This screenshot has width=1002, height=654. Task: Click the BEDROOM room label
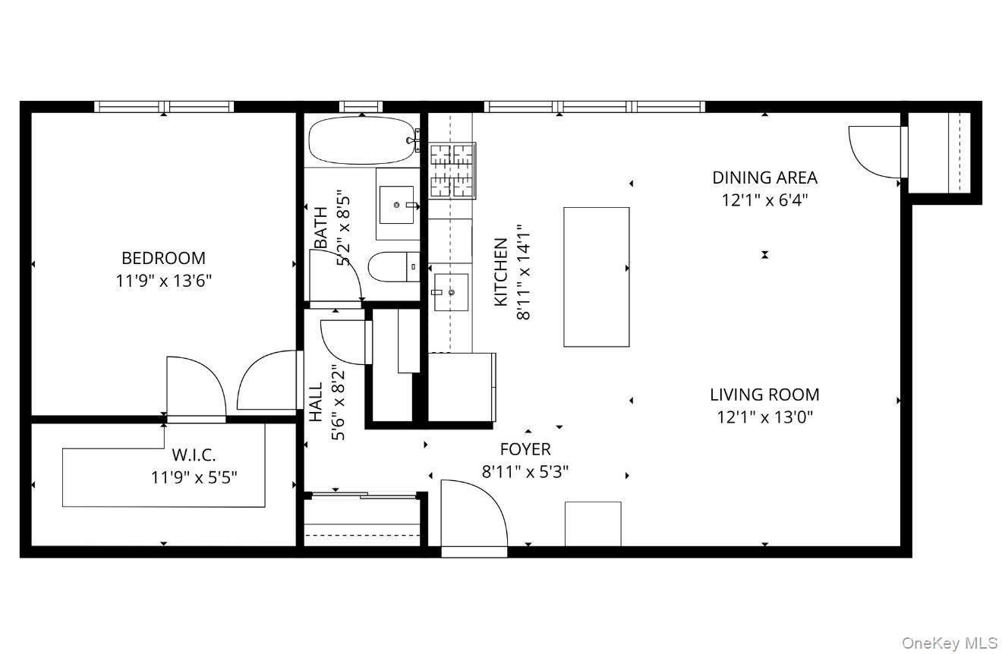tap(163, 258)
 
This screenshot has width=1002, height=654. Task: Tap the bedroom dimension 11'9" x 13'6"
tap(163, 281)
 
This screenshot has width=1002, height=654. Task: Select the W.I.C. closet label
tap(194, 455)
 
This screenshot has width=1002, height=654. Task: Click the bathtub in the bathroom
tap(361, 140)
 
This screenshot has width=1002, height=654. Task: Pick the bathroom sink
tap(397, 204)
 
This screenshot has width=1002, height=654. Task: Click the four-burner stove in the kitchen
tap(453, 170)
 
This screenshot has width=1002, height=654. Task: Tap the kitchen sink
tap(449, 292)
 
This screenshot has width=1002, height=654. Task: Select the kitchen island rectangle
tap(596, 277)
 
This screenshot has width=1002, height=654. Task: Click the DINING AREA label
tap(764, 178)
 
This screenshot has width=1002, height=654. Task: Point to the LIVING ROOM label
tap(764, 395)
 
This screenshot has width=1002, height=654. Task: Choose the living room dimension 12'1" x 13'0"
tap(764, 417)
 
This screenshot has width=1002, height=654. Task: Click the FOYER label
tap(525, 449)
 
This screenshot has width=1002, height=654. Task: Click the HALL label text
tap(316, 402)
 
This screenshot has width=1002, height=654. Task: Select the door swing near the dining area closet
tap(875, 152)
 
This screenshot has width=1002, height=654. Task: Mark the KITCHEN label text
tap(501, 272)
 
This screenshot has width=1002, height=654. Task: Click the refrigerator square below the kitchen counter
tap(462, 386)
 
